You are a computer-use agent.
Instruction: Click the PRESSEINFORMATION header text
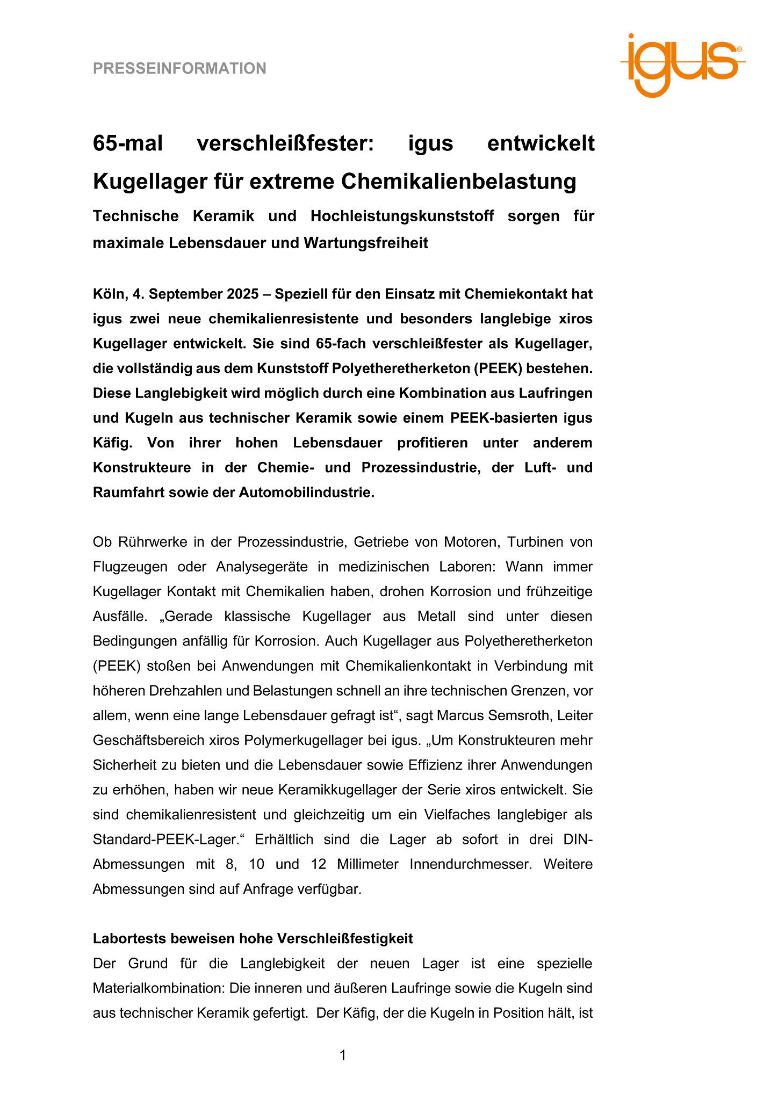tap(179, 69)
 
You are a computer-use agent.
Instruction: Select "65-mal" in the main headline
tap(128, 144)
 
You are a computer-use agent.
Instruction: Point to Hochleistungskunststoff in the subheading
tap(402, 216)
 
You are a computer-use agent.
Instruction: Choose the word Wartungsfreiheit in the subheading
tap(366, 243)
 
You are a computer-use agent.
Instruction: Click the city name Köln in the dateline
tap(109, 294)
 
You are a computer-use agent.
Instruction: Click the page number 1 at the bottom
tap(342, 1055)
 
